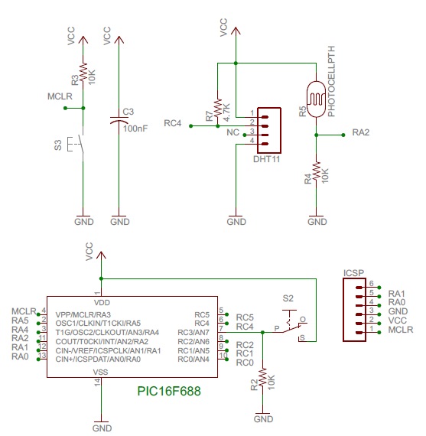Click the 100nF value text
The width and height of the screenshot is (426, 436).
point(135,129)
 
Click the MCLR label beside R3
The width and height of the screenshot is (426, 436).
point(60,96)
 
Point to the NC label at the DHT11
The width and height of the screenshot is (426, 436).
point(233,132)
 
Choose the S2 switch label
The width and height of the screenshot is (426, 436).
point(288,297)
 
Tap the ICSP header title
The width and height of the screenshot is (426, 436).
point(353,272)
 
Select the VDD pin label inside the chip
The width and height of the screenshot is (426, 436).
point(101,303)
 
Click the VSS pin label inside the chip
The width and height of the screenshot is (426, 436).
point(101,372)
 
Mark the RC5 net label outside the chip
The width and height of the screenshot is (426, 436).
point(245,316)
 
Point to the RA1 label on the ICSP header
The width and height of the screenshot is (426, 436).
point(396,293)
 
